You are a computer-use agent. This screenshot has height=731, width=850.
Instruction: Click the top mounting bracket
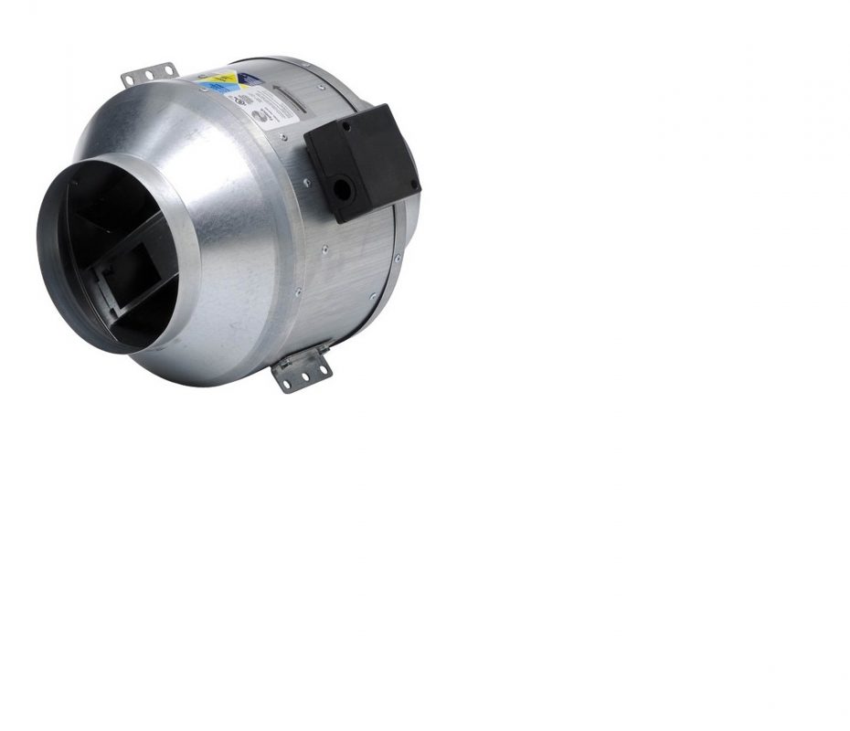[149, 73]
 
